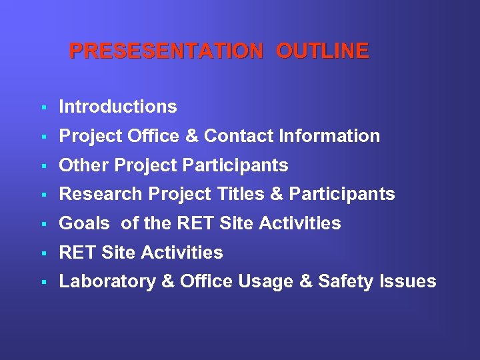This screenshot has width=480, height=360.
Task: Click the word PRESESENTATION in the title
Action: click(x=166, y=51)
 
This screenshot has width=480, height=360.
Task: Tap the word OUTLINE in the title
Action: click(x=322, y=51)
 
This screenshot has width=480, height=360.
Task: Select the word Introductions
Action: click(x=118, y=107)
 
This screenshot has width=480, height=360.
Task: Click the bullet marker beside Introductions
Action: click(x=42, y=107)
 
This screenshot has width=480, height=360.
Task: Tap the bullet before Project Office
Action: click(x=42, y=137)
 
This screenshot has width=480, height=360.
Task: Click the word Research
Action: click(x=101, y=195)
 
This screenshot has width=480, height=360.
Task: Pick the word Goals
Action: click(x=85, y=223)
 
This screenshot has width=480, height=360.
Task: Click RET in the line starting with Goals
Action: click(x=191, y=223)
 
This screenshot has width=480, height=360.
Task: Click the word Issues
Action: click(x=408, y=282)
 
